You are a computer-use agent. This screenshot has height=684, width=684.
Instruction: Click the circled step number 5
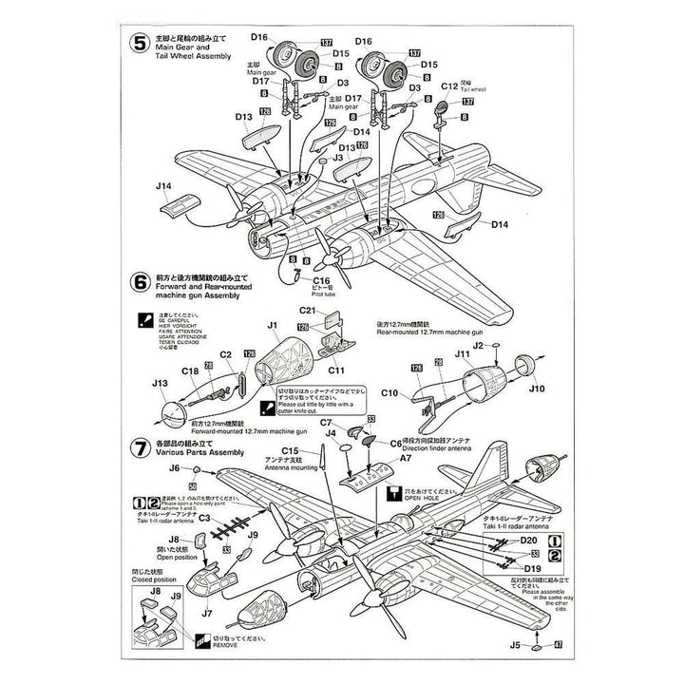[140, 42]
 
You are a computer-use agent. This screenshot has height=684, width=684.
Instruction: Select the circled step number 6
[140, 281]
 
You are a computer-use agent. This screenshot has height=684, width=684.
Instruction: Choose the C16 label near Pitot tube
[320, 281]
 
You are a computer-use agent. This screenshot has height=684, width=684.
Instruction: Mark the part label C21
[307, 311]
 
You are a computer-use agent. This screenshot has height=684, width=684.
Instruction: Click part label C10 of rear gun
[391, 391]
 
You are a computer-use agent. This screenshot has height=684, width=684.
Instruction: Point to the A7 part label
[405, 458]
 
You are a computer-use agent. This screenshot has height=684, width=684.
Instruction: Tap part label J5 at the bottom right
[517, 646]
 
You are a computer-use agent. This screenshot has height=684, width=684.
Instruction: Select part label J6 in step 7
[174, 468]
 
